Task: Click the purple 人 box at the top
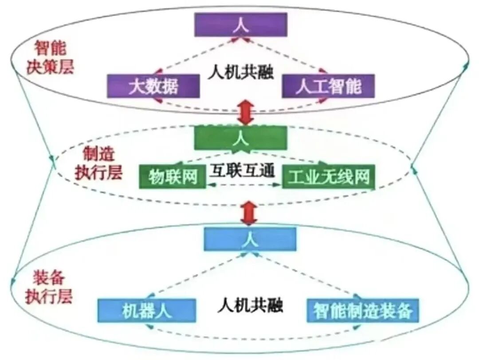[x=241, y=24]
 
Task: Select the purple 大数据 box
[x=153, y=86]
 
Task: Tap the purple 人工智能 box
[x=329, y=86]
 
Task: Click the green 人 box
[x=240, y=138]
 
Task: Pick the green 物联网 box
[x=173, y=177]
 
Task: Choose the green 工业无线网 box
[x=329, y=177]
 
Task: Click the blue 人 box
[x=250, y=238]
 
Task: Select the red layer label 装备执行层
[x=49, y=287]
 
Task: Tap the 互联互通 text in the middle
[x=242, y=171]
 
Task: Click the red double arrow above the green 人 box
[x=245, y=112]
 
